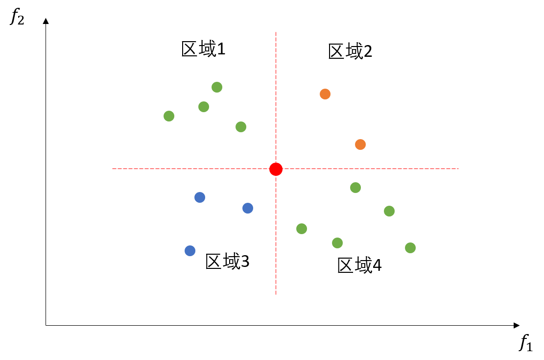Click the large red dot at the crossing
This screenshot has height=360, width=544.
(x=276, y=169)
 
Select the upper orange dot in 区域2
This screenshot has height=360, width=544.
(x=325, y=94)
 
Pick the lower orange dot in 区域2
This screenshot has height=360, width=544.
(x=360, y=144)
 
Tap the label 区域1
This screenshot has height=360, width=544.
(x=203, y=48)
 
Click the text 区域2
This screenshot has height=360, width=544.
(x=350, y=51)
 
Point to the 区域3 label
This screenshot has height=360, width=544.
(x=227, y=261)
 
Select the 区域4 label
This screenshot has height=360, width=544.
(x=359, y=265)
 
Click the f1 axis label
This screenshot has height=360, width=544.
(x=525, y=343)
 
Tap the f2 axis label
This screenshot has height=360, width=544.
(x=17, y=16)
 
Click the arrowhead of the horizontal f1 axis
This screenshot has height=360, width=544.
(x=517, y=325)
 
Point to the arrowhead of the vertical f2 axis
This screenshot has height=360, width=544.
(x=46, y=21)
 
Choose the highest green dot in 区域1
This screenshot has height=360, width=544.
(x=217, y=87)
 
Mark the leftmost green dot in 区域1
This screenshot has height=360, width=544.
(x=169, y=116)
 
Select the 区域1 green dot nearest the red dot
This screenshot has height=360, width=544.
(x=241, y=127)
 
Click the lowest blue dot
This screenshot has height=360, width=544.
(x=190, y=251)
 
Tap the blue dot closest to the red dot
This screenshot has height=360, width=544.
(x=248, y=208)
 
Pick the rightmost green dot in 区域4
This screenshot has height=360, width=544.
(x=410, y=248)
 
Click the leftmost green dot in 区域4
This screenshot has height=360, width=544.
(x=302, y=229)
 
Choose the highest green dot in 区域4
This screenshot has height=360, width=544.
(x=355, y=188)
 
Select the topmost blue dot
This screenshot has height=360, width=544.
(x=200, y=197)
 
